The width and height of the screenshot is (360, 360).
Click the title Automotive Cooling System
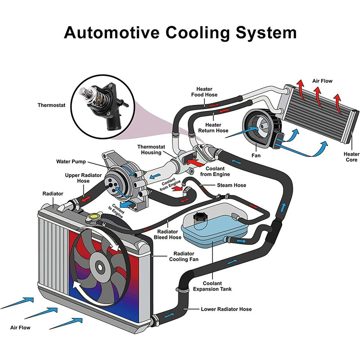180,33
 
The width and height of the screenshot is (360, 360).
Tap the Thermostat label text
52,105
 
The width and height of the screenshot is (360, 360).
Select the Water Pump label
71,162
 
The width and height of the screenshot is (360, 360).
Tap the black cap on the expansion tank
197,218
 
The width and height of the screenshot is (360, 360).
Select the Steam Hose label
232,185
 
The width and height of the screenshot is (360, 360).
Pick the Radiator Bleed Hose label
168,234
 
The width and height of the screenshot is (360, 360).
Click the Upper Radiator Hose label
77,178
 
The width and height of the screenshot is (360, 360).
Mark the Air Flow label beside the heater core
322,81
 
